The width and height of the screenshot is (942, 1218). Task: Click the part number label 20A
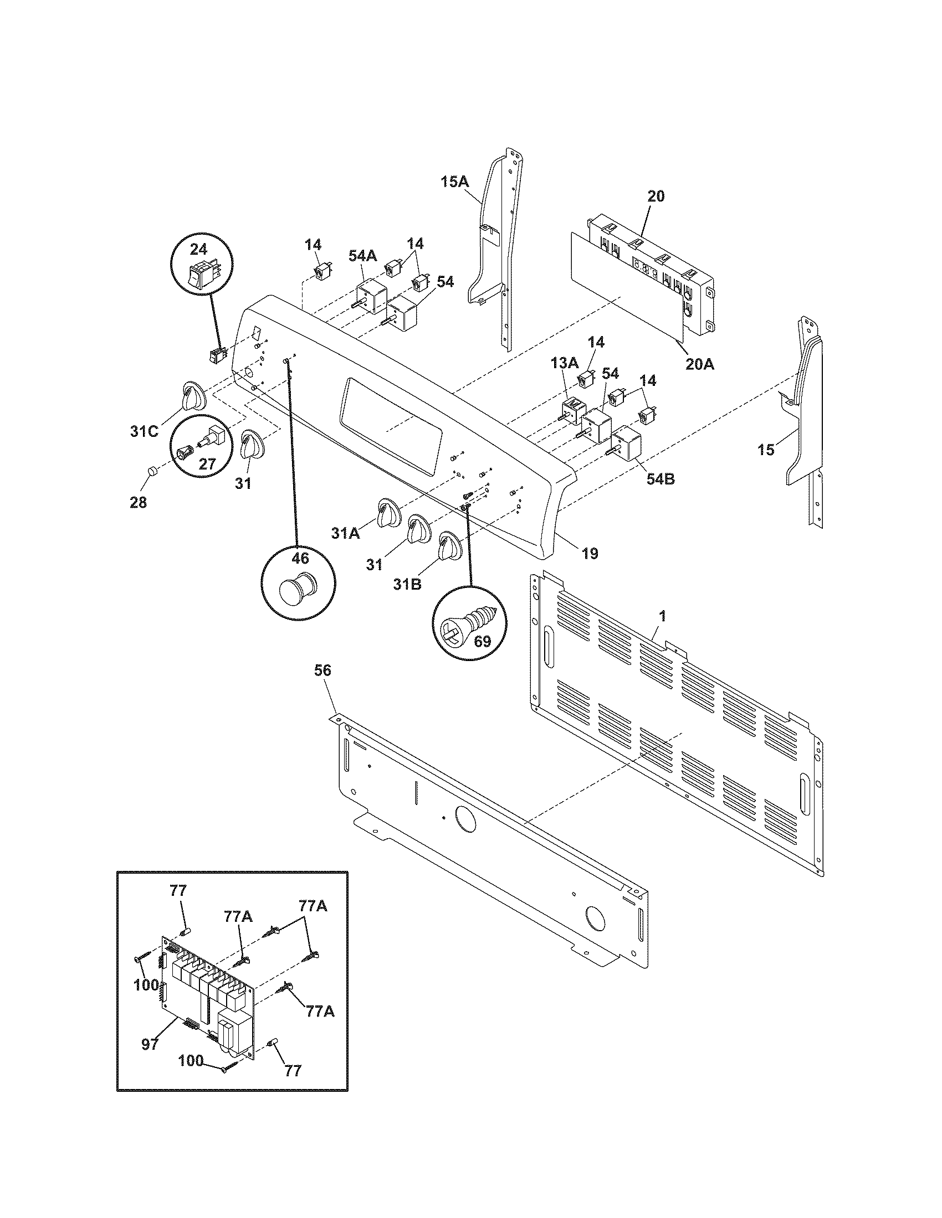pyautogui.click(x=700, y=364)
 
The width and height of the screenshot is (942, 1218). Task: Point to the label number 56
pyautogui.click(x=322, y=670)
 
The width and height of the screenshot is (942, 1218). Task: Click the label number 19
pyautogui.click(x=590, y=553)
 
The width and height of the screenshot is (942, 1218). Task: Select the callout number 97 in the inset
pyautogui.click(x=150, y=1044)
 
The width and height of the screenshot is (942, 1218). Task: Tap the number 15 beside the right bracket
pyautogui.click(x=766, y=450)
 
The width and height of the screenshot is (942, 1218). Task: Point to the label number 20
pyautogui.click(x=656, y=197)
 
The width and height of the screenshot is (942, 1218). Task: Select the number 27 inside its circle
pyautogui.click(x=207, y=464)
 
